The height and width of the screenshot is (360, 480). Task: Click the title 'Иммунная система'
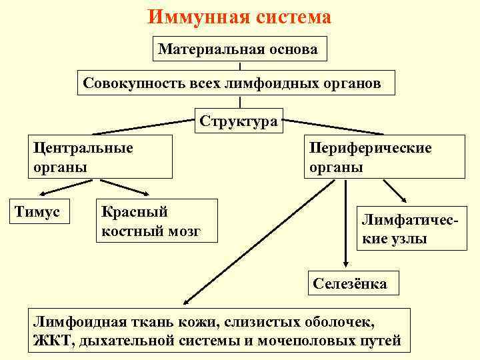pos(239,16)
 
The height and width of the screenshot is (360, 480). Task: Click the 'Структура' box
pos(238,121)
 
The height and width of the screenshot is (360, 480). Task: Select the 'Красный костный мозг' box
pos(156,221)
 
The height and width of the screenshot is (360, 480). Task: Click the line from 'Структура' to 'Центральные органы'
pos(147,126)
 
